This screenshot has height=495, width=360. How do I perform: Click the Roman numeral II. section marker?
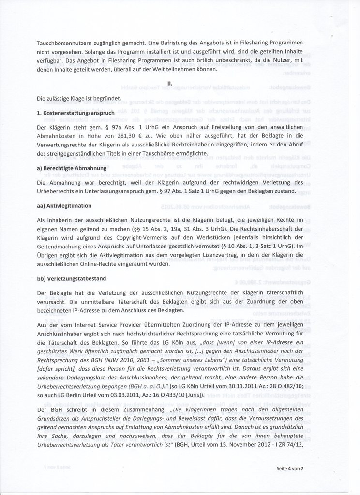coord(169,83)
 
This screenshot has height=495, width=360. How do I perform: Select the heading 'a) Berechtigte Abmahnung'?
coord(72,167)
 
